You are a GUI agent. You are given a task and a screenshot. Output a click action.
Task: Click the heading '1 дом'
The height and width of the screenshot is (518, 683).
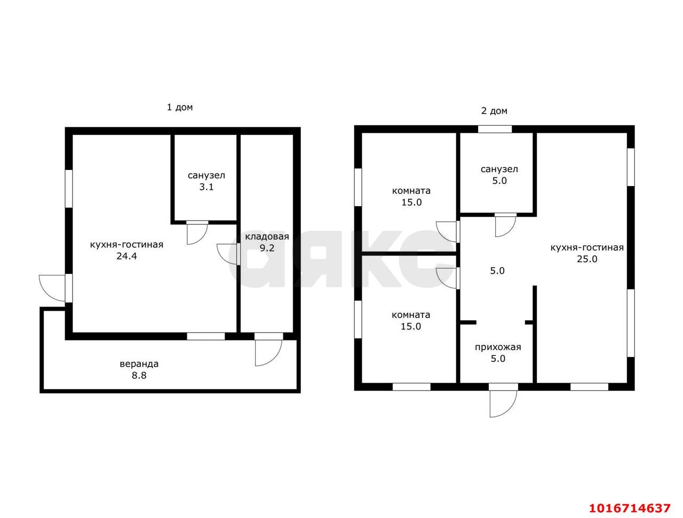[179, 107]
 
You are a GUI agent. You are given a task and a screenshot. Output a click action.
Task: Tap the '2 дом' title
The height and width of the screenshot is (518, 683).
[494, 111]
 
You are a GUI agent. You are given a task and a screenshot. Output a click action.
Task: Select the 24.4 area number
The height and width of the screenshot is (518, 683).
[126, 256]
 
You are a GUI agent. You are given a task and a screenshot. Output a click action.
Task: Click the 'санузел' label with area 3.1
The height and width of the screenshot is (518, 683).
[207, 175]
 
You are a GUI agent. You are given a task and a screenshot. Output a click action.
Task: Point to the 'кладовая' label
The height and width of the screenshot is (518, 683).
[267, 237]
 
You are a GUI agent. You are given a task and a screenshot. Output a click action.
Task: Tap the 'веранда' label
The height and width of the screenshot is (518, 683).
[139, 364]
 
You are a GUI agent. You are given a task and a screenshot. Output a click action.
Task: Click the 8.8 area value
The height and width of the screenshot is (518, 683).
[139, 375]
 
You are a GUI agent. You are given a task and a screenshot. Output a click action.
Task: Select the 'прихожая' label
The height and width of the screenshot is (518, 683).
[498, 347]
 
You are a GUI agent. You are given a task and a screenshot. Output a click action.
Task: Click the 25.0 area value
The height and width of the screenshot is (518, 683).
[587, 259]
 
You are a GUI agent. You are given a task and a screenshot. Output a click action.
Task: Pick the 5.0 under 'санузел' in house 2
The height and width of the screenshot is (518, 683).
[499, 181]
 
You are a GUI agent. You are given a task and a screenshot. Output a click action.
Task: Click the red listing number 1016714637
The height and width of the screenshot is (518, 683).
[630, 508]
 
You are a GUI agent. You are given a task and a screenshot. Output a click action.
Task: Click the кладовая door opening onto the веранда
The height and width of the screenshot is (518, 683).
[268, 349]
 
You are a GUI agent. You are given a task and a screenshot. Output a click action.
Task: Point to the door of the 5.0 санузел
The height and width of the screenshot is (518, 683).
[506, 225]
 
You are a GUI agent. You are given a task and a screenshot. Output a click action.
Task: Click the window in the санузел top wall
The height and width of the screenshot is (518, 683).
[495, 129]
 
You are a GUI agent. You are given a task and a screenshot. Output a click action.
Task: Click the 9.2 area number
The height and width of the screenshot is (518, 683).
[267, 248]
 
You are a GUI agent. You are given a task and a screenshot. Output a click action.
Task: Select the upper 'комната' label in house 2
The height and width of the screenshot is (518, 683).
[411, 191]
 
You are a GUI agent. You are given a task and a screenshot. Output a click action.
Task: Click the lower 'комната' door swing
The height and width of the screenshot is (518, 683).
[448, 278]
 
